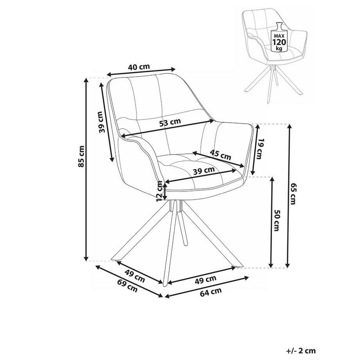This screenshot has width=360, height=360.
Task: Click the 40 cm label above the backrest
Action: [x=139, y=67]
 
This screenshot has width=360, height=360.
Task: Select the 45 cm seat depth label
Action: [x=220, y=154]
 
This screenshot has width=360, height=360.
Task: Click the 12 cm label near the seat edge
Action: [x=160, y=191]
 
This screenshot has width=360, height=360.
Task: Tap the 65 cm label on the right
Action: [x=295, y=194]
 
